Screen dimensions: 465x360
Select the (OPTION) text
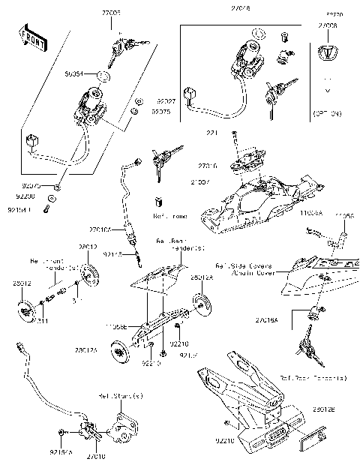[327, 113]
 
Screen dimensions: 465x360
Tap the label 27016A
[286, 319]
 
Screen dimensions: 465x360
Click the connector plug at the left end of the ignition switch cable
[31, 141]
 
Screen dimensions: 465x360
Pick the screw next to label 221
[237, 135]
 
